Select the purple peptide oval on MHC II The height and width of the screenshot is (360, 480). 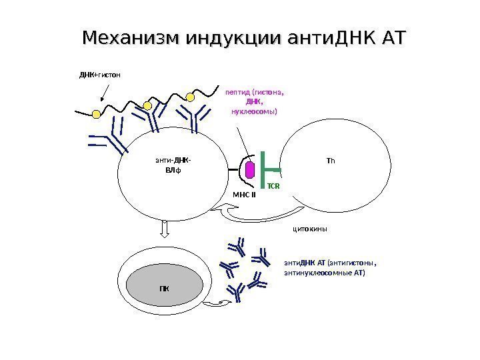[x=250, y=170]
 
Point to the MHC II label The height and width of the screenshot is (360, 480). [x=245, y=195]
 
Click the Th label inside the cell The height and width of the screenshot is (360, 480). [x=331, y=161]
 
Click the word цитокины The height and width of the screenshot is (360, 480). [x=312, y=229]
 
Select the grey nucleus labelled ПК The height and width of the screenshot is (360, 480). [x=164, y=288]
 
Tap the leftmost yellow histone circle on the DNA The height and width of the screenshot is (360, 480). [x=96, y=114]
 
